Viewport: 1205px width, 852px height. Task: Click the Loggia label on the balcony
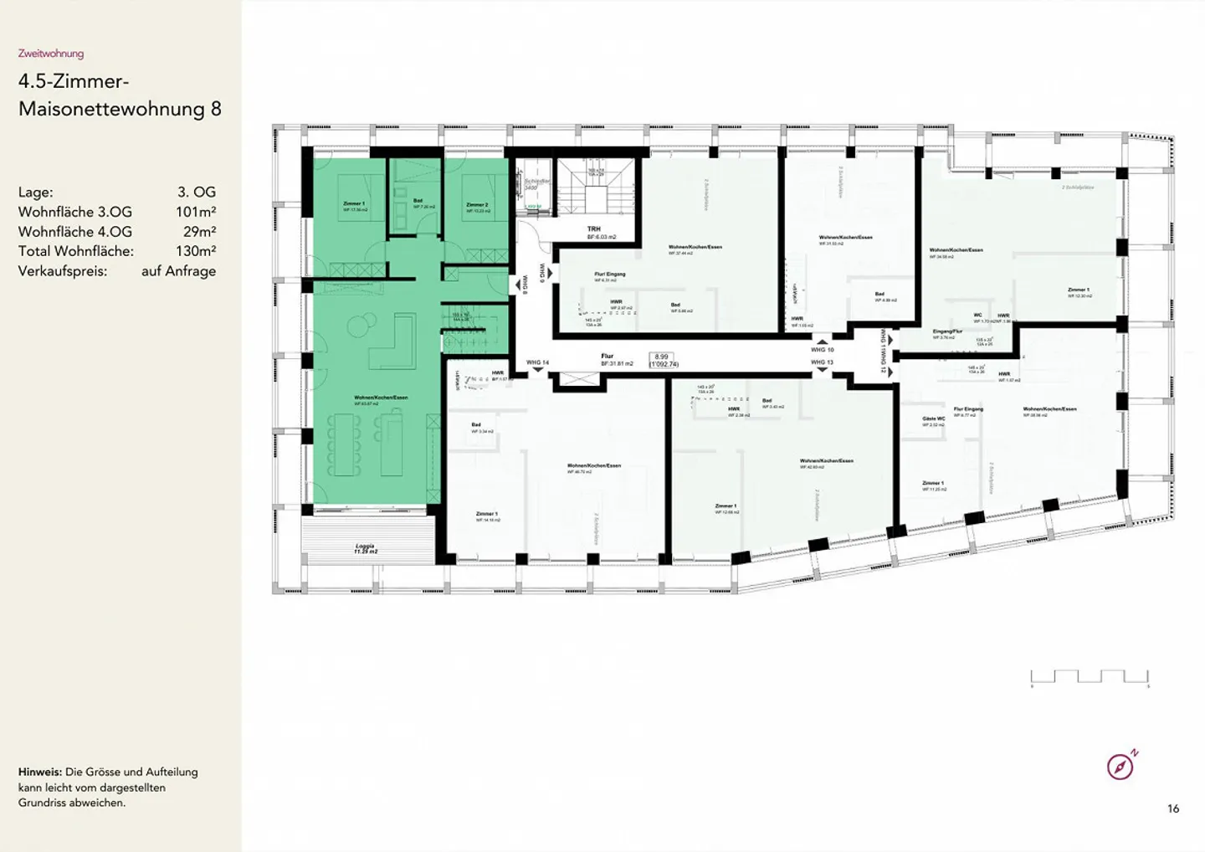click(x=365, y=546)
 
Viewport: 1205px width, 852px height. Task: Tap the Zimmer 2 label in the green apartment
click(x=477, y=205)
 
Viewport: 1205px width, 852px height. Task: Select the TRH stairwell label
click(x=593, y=228)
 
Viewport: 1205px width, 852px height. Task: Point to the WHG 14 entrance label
click(x=537, y=362)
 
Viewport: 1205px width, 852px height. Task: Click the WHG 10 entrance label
click(x=822, y=350)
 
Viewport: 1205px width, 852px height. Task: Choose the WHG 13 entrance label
click(x=822, y=362)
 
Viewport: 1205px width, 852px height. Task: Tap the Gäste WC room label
click(x=934, y=418)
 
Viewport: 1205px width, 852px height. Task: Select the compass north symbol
click(x=1120, y=765)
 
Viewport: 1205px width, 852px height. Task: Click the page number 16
click(x=1173, y=808)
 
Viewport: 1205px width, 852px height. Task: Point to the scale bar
click(x=1090, y=678)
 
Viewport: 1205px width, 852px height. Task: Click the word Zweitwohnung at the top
click(x=51, y=54)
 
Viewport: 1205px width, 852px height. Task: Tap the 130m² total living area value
click(x=196, y=251)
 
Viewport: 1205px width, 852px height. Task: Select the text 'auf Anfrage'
click(x=178, y=271)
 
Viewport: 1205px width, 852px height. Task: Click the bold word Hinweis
click(x=39, y=772)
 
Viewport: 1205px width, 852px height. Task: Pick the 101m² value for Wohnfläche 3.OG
click(x=196, y=212)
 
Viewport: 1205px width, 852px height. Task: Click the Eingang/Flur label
click(x=947, y=331)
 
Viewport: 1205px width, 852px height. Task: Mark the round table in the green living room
click(x=365, y=322)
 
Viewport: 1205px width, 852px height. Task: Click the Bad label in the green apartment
click(x=418, y=201)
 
